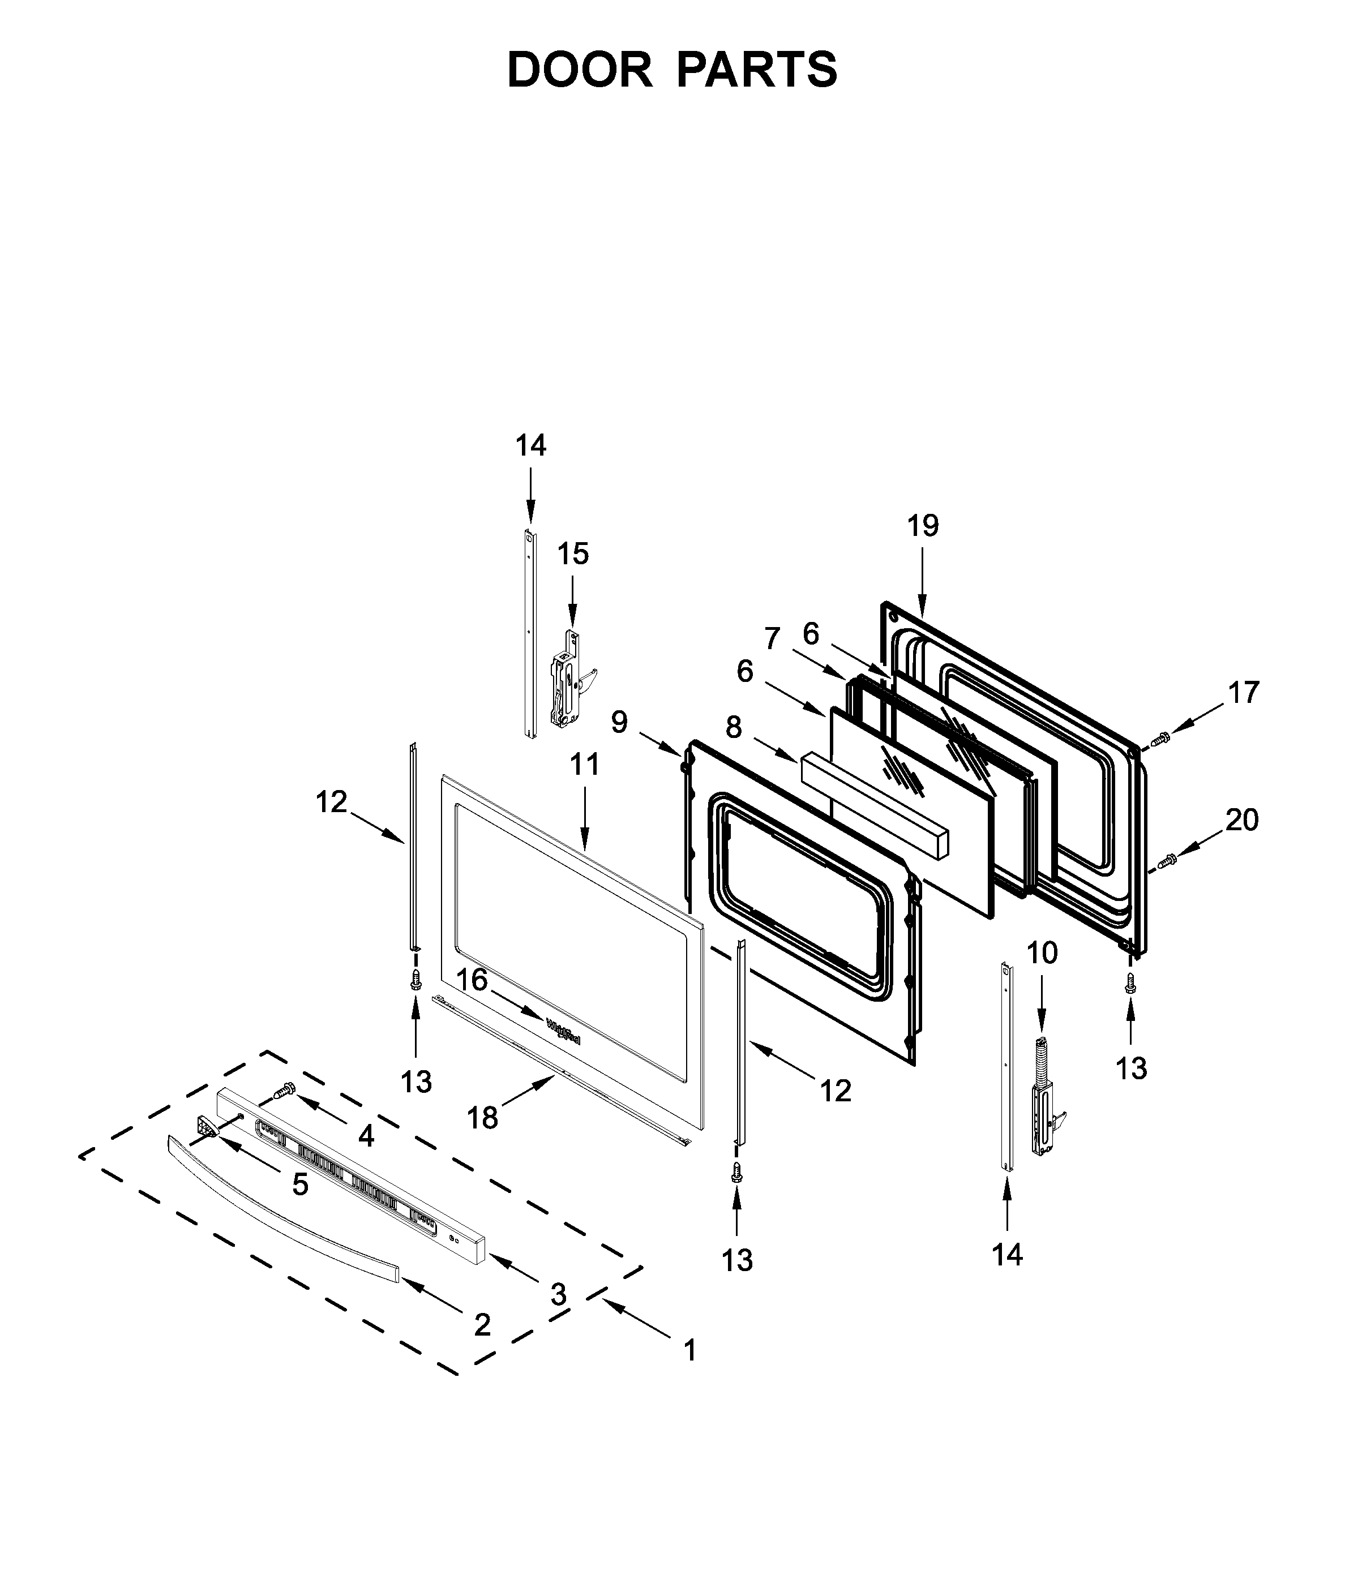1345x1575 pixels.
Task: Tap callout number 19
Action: [x=923, y=525]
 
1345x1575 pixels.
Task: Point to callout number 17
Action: [x=1244, y=692]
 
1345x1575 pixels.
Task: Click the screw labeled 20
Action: [x=1167, y=860]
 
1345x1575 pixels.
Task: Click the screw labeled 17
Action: [x=1160, y=737]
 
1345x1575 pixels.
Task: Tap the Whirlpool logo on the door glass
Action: [x=563, y=1032]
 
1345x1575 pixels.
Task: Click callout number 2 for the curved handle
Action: [x=482, y=1325]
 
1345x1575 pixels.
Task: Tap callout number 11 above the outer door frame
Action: [x=585, y=764]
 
